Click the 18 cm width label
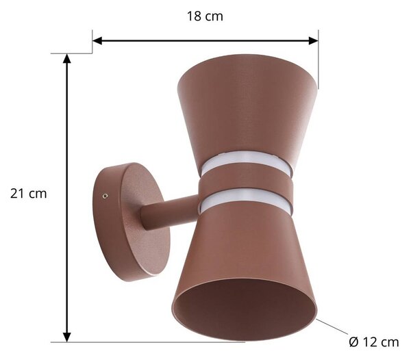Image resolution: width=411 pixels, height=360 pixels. coord(205,16)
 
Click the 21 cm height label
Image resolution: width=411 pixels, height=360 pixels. coord(29,194)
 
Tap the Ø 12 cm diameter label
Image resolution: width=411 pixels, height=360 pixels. coord(374,342)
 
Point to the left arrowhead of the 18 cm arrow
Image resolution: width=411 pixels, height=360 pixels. coord(97,41)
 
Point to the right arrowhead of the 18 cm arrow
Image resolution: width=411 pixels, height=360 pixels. coord(314,41)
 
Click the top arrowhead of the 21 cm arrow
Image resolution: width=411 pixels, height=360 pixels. coord(67,59)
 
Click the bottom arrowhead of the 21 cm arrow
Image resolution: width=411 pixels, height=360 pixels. coord(67,337)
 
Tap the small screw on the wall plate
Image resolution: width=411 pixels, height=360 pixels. coord(105,196)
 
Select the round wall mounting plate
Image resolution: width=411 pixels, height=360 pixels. coord(131,222)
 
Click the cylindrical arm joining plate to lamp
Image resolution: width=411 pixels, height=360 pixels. coord(170,213)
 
